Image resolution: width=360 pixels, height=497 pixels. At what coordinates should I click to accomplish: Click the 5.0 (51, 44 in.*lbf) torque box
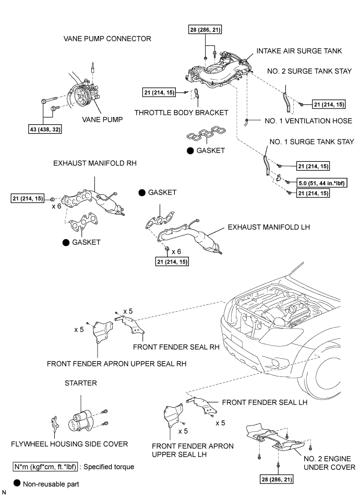[322, 183]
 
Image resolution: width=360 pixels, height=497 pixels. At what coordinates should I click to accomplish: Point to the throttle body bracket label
[181, 113]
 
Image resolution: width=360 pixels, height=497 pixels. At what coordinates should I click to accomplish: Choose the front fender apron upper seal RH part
[102, 333]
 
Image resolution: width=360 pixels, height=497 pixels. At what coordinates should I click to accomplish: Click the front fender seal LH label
[265, 402]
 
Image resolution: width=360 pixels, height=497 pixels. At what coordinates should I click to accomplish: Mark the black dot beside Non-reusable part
[17, 483]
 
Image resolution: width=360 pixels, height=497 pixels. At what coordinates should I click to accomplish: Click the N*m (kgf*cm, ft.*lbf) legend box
[45, 467]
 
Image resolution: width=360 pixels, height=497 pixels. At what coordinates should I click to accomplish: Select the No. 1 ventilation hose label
[308, 121]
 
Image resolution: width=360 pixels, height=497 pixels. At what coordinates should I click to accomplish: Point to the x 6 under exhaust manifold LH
[176, 252]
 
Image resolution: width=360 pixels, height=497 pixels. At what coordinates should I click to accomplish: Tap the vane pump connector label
[107, 39]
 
